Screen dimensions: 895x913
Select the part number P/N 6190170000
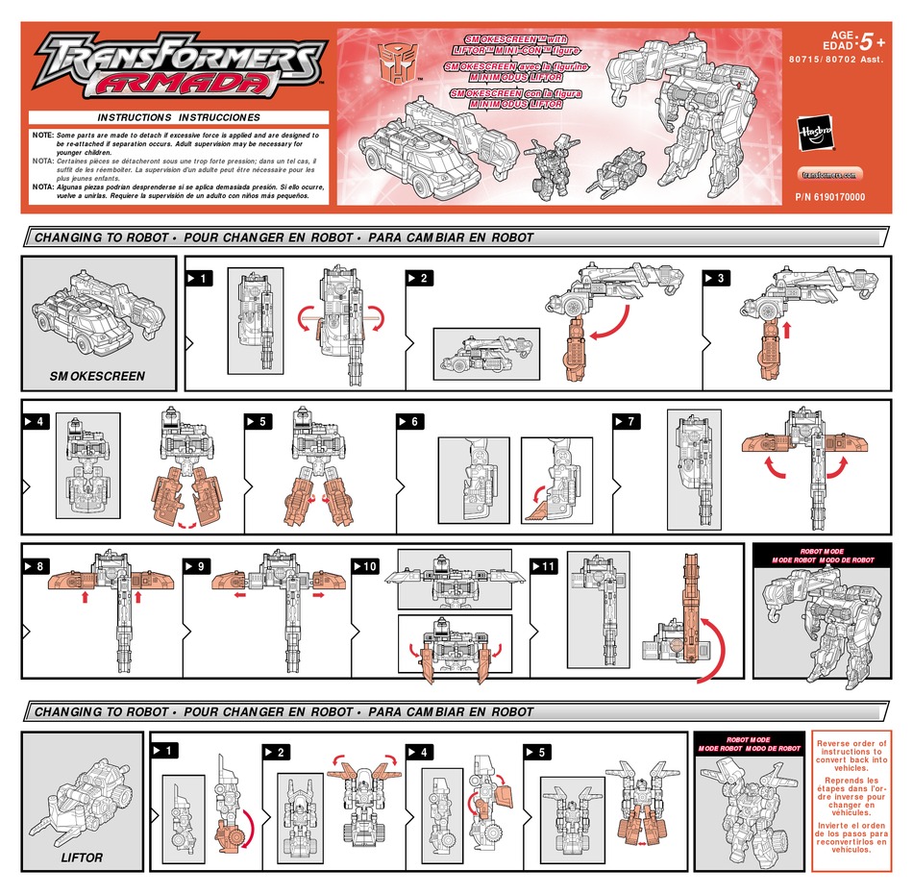830,197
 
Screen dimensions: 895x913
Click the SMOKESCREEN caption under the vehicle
97,377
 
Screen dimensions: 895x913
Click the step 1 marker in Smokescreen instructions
199,279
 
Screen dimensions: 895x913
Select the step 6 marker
409,422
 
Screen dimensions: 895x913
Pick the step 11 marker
544,567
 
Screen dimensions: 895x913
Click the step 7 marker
625,422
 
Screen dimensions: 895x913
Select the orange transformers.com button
830,174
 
